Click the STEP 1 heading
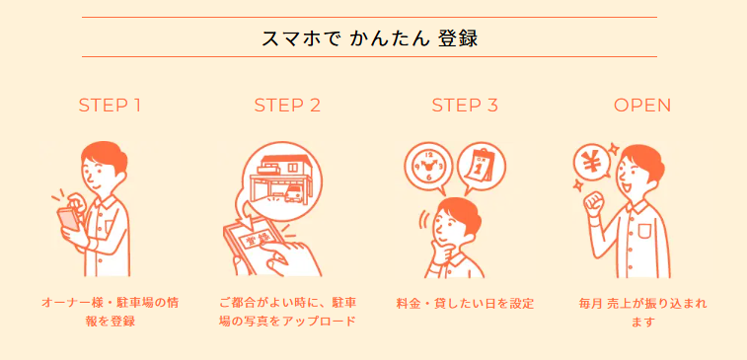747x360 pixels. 110,106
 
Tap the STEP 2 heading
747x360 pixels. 287,106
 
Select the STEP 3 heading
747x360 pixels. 465,106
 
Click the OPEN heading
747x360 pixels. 642,106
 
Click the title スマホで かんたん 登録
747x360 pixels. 370,38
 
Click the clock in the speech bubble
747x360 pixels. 428,166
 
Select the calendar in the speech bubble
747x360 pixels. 482,167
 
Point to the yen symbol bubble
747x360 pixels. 592,163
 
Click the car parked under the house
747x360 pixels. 293,193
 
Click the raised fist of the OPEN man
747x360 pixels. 594,205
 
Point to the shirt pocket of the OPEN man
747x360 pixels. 643,231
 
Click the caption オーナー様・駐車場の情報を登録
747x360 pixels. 111,312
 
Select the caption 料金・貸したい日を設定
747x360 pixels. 465,304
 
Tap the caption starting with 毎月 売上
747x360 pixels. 643,313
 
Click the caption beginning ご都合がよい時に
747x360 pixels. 288,312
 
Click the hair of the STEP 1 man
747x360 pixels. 105,154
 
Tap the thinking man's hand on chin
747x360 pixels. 442,253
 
